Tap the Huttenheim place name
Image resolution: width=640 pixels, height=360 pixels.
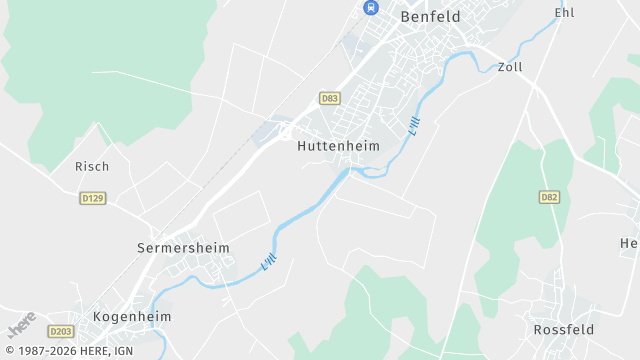[339, 145]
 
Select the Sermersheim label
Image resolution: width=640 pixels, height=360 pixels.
[183, 247]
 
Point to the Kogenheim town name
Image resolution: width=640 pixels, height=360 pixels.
[132, 316]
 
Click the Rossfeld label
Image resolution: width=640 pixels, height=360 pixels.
[564, 329]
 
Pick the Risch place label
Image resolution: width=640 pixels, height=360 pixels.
[92, 166]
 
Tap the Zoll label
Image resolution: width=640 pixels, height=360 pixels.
[510, 67]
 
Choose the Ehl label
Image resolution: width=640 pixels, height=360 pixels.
[564, 13]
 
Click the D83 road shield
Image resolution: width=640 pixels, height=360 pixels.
[329, 98]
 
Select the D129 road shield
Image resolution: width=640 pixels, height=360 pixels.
[93, 198]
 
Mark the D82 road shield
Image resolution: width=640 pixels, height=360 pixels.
[549, 197]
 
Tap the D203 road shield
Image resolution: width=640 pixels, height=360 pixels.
[61, 331]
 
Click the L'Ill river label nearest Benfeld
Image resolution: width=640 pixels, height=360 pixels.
[415, 126]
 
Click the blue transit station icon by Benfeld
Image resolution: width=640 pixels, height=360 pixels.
[370, 8]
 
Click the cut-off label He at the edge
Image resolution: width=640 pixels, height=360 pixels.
[629, 243]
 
